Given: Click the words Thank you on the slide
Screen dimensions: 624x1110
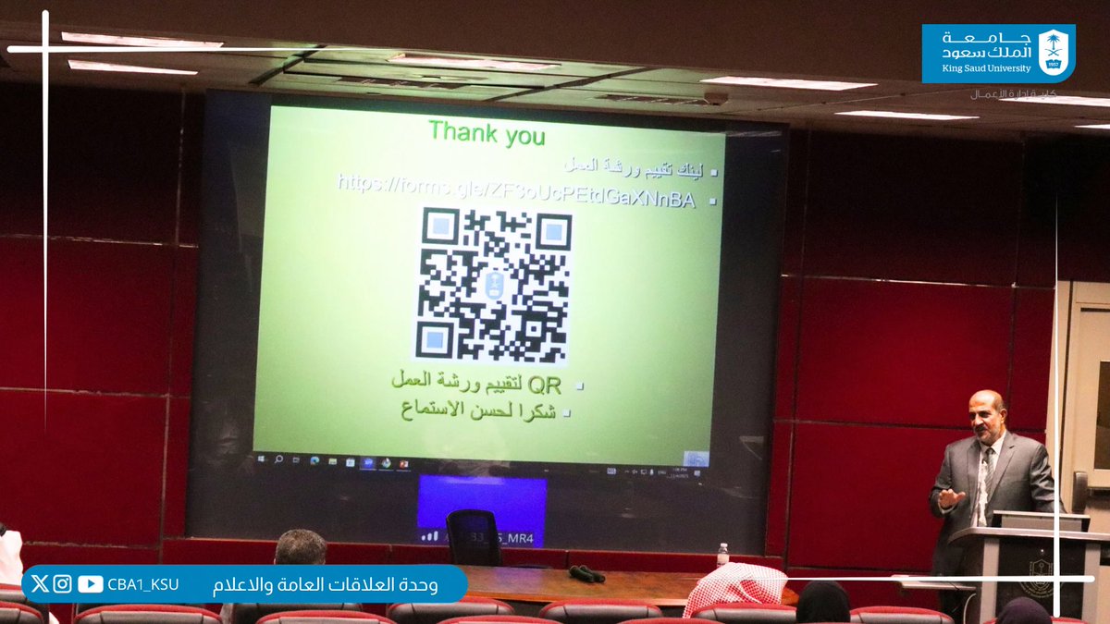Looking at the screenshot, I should click(x=487, y=133).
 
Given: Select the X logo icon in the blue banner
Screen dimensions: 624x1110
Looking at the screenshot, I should click(x=39, y=584).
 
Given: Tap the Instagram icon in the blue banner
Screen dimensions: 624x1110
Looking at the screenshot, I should click(x=62, y=584).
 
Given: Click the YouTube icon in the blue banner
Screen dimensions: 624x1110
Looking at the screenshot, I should click(x=91, y=584).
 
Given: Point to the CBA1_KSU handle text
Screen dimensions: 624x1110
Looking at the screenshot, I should click(x=142, y=584).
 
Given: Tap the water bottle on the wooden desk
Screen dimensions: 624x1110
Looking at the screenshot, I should click(x=722, y=555).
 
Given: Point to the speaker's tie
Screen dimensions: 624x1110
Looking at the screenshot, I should click(x=984, y=471).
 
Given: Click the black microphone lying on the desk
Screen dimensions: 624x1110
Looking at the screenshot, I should click(x=586, y=574).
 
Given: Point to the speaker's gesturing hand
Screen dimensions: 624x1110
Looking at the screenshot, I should click(x=950, y=497).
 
